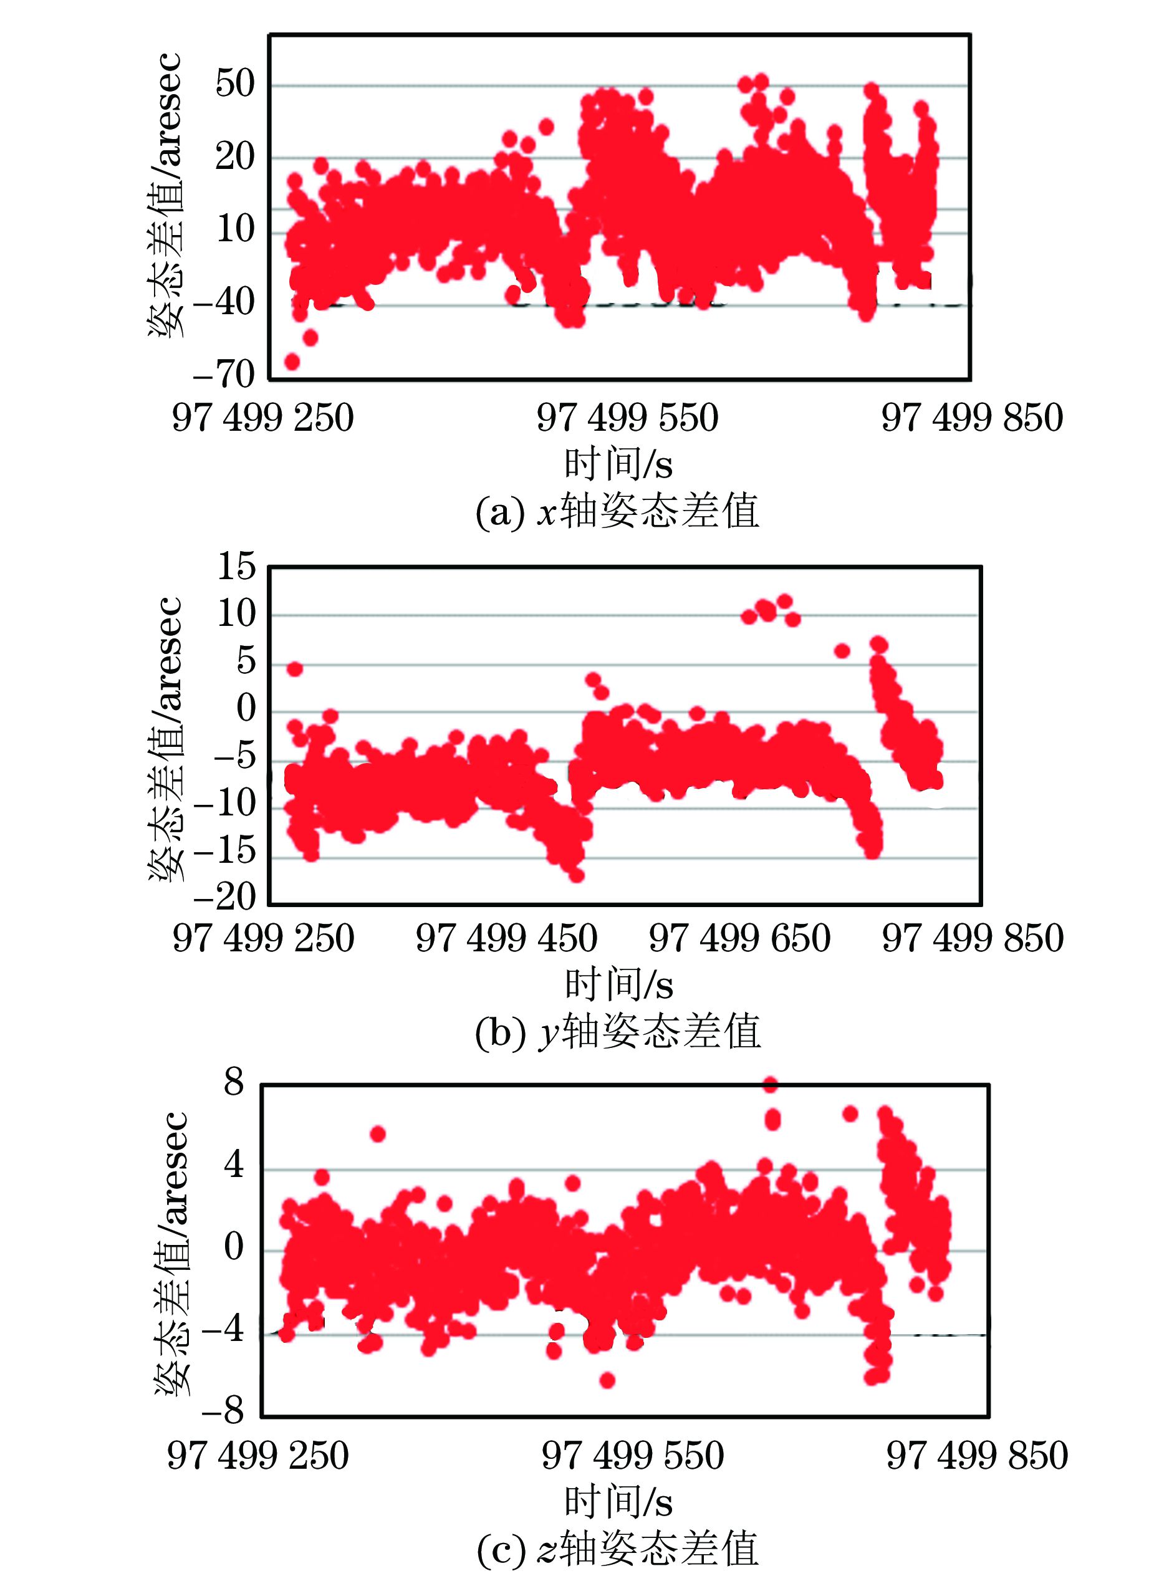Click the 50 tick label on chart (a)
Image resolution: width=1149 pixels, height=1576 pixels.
(x=235, y=84)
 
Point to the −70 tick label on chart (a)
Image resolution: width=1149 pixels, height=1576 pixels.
(x=224, y=375)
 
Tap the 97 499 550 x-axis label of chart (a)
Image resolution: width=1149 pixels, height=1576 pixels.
(x=627, y=418)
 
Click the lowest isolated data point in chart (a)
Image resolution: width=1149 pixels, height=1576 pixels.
(x=292, y=362)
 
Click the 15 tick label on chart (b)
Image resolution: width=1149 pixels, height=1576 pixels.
(x=236, y=567)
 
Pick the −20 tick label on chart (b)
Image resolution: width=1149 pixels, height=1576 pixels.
(x=224, y=897)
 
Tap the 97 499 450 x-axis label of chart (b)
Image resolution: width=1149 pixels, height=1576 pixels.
(x=506, y=938)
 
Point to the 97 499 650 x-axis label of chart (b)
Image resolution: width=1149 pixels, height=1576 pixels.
(x=739, y=938)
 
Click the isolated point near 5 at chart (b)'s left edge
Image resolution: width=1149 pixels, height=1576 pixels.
(x=295, y=668)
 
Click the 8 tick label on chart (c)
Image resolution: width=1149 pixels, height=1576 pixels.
(x=234, y=1082)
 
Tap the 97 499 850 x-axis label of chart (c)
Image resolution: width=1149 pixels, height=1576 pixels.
(x=976, y=1456)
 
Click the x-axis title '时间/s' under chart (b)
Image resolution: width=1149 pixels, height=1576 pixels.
(x=618, y=984)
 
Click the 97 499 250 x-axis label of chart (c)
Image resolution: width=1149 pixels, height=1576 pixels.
(x=257, y=1456)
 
